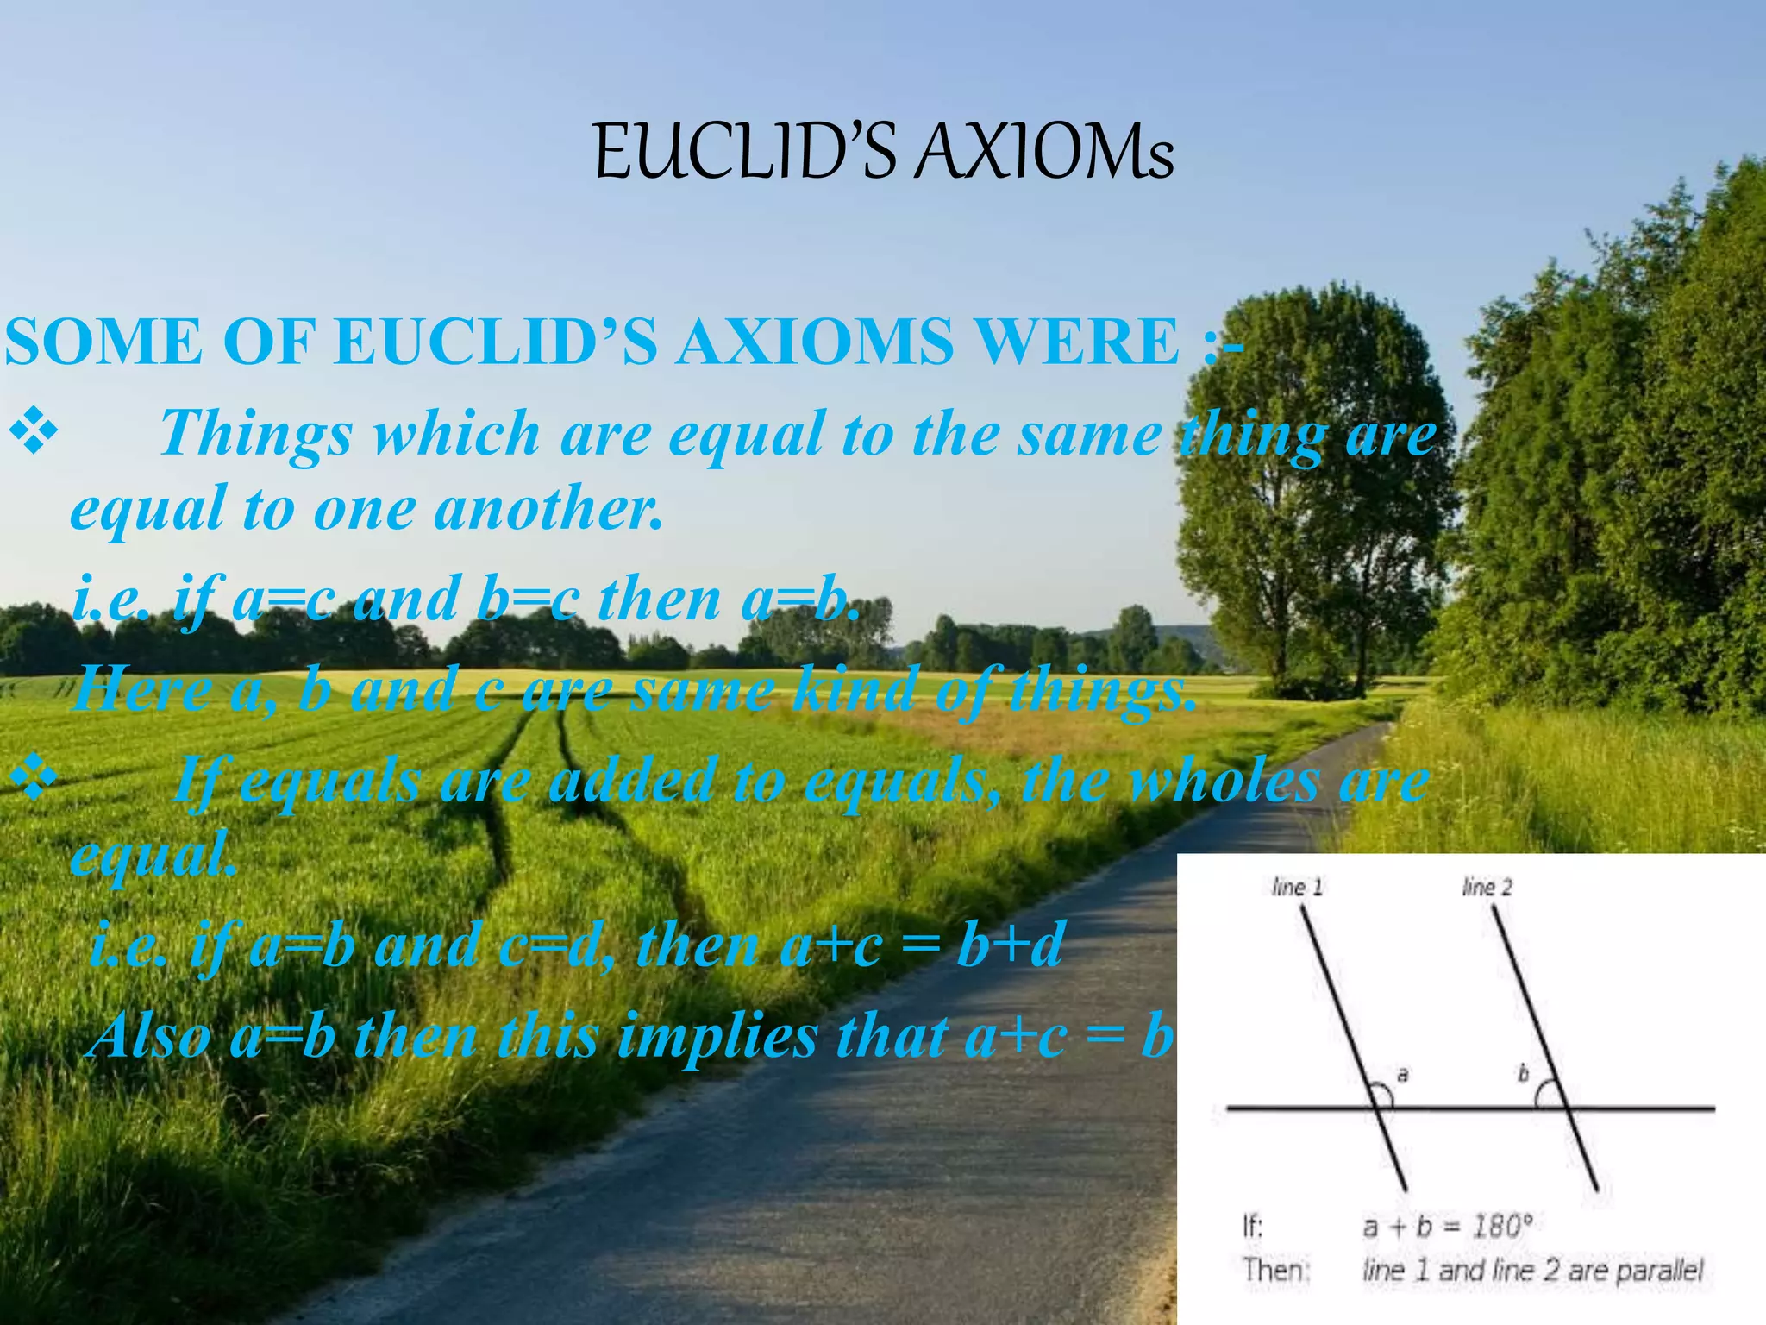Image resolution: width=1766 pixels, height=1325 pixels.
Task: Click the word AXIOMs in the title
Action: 1044,153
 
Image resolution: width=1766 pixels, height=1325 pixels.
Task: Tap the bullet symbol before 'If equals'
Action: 32,781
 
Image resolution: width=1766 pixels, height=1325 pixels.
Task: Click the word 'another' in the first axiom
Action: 548,509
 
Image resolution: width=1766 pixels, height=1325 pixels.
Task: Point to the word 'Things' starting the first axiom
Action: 256,434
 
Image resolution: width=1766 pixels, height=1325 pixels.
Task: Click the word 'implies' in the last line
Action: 718,1036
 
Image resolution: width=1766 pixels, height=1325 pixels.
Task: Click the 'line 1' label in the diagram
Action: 1297,887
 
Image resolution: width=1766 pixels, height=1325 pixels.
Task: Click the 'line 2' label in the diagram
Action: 1487,887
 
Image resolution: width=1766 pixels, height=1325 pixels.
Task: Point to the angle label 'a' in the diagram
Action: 1403,1075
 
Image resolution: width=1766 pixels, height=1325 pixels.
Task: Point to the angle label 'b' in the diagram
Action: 1523,1075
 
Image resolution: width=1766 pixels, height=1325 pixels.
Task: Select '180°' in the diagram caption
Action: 1501,1226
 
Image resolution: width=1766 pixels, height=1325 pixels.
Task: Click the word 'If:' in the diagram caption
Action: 1252,1226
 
